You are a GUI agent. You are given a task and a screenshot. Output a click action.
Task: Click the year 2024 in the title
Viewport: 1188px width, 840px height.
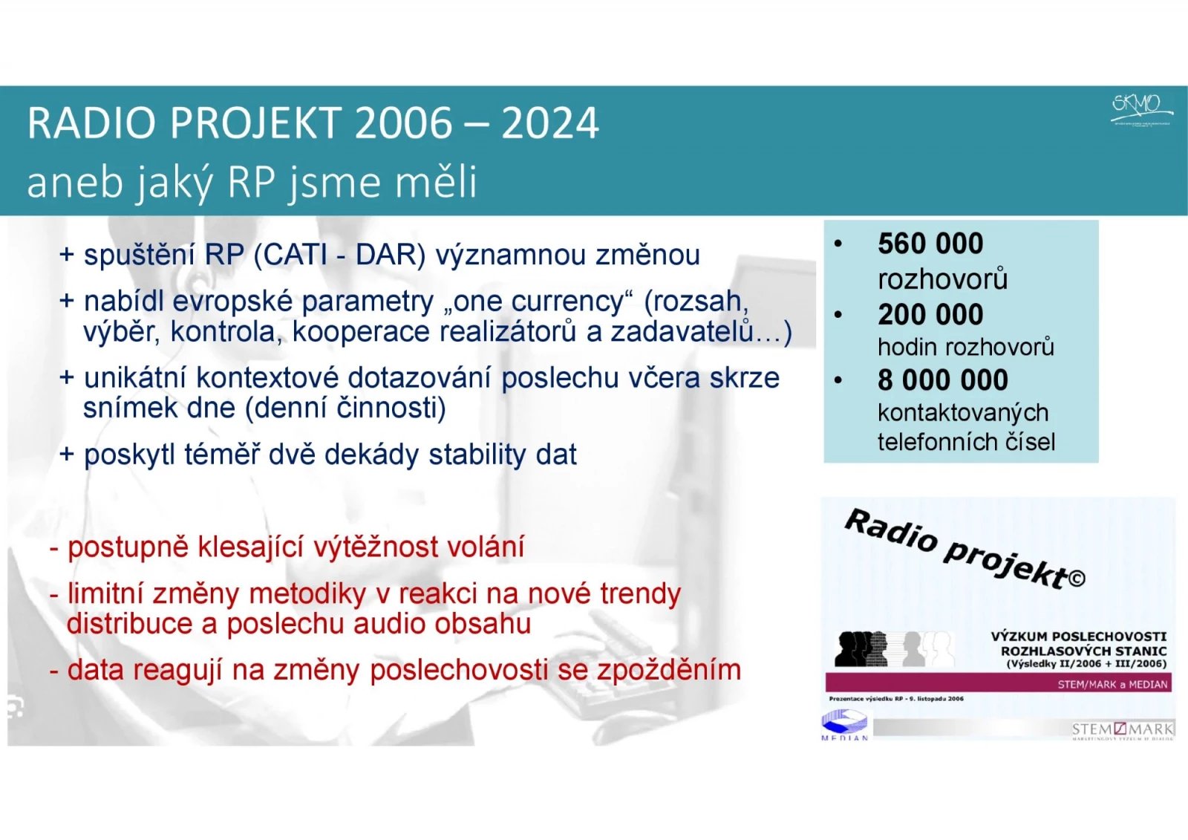pyautogui.click(x=549, y=123)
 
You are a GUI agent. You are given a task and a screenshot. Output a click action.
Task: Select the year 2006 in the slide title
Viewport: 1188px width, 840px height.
pyautogui.click(x=403, y=123)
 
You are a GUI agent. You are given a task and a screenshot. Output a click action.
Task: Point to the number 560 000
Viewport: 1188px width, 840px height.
pyautogui.click(x=930, y=244)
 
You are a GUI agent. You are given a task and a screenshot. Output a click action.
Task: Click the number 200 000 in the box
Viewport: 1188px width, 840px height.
pyautogui.click(x=930, y=315)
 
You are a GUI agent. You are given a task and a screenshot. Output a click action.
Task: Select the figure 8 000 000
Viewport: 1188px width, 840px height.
pyautogui.click(x=942, y=380)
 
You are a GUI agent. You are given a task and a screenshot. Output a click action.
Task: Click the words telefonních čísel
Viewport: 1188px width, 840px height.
pyautogui.click(x=965, y=442)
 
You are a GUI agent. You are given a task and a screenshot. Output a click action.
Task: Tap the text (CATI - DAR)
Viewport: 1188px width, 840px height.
pyautogui.click(x=339, y=255)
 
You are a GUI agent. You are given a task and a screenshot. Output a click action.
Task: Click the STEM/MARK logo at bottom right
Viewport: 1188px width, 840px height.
pyautogui.click(x=1122, y=730)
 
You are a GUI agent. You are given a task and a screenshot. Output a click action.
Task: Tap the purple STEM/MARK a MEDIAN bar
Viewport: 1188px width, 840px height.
pyautogui.click(x=998, y=683)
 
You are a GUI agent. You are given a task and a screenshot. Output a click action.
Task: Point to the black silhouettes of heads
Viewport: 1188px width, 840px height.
pyautogui.click(x=861, y=648)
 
